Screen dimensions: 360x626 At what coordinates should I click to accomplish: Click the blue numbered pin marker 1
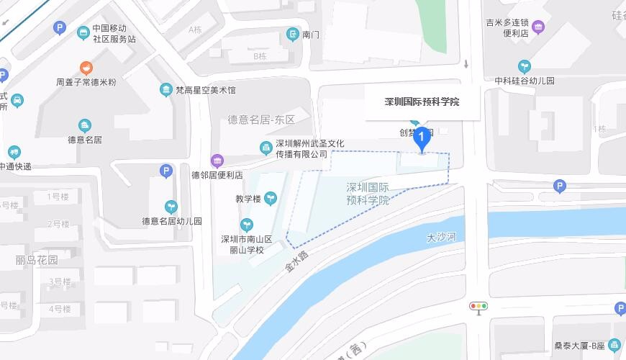pos(421,138)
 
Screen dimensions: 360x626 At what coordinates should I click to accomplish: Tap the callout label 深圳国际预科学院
pos(422,102)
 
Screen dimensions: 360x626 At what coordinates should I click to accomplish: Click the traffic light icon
pos(478,306)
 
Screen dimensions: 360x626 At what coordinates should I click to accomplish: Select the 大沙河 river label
pos(441,237)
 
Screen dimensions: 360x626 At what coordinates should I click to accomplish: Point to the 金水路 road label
pos(296,260)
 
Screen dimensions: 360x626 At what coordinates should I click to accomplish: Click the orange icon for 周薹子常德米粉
pos(86,68)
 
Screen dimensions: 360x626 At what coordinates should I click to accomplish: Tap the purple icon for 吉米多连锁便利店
pos(538,27)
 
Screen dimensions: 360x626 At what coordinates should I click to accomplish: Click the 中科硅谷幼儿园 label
pos(525,81)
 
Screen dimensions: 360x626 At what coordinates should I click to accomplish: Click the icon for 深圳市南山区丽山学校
pos(247,225)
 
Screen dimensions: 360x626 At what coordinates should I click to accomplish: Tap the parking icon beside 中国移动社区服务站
pos(61,28)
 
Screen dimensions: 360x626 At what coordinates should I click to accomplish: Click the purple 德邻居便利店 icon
pos(217,160)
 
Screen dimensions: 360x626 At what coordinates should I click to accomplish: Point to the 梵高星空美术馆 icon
pos(165,90)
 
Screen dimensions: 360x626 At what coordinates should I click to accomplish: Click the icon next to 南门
pos(292,34)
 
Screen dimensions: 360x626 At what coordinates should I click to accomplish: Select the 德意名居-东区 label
pos(262,120)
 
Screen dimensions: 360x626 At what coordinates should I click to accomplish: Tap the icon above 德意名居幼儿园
pos(171,207)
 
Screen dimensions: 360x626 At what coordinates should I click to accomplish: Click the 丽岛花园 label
pos(36,260)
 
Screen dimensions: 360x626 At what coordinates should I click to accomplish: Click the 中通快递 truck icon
pos(14,152)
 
